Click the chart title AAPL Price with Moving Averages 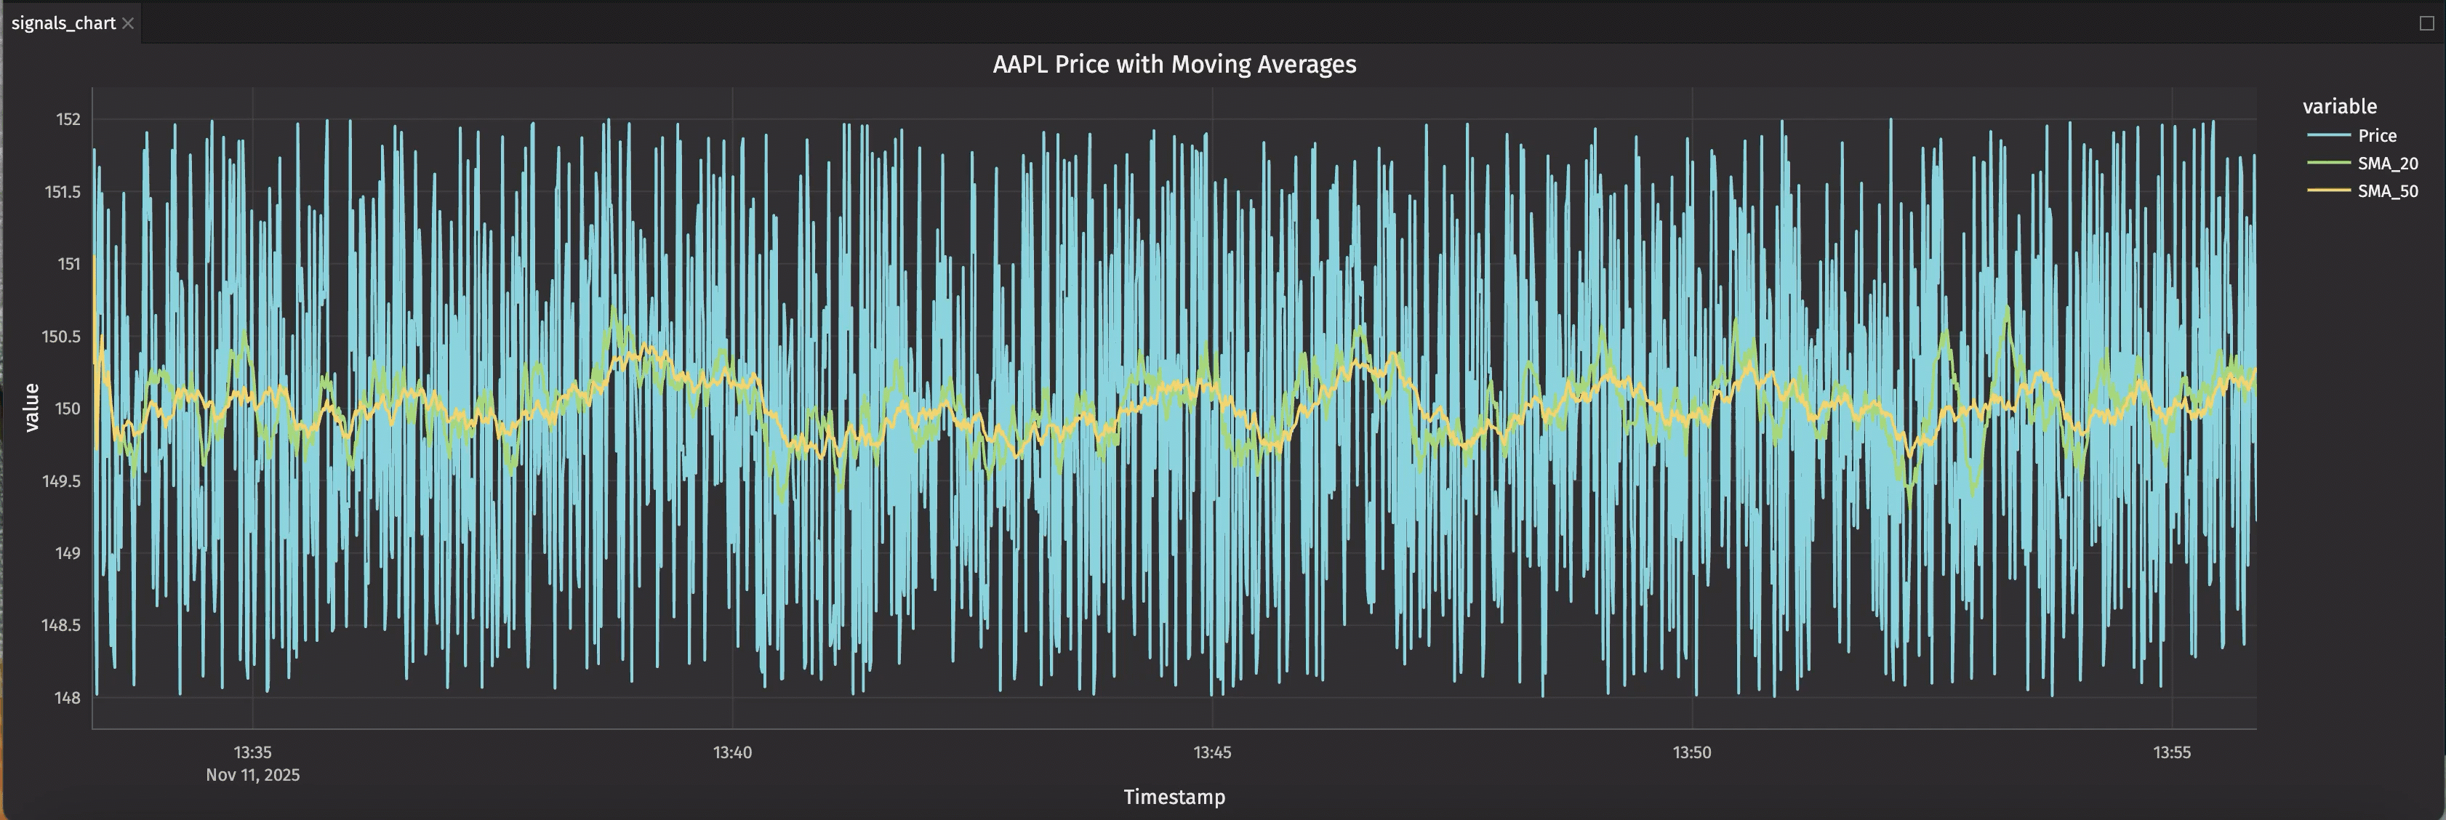tap(1174, 65)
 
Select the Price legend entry tap(2377, 136)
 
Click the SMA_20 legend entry tap(2387, 164)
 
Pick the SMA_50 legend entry tap(2387, 190)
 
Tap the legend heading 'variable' tap(2338, 106)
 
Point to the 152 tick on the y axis tap(68, 119)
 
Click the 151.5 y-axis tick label tap(63, 192)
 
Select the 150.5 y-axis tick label tap(62, 337)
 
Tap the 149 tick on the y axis tap(68, 553)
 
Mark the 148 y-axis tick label tap(68, 698)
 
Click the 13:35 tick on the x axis tap(252, 752)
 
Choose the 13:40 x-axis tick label tap(732, 752)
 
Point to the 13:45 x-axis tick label tap(1211, 752)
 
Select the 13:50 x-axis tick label tap(1691, 752)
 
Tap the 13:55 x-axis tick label tap(2172, 752)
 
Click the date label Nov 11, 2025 tap(252, 776)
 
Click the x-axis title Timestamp tap(1174, 797)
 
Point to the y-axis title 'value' tap(31, 407)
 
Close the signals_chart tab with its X tap(128, 23)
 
